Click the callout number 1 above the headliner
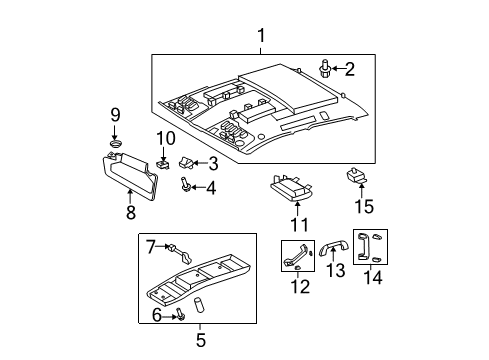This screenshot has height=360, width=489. click(262, 38)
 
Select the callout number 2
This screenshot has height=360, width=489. click(349, 69)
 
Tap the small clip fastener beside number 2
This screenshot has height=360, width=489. click(326, 69)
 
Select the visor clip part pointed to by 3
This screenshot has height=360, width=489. click(186, 161)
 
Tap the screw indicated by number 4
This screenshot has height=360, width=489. click(187, 184)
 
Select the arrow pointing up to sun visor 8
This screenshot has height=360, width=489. click(130, 199)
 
